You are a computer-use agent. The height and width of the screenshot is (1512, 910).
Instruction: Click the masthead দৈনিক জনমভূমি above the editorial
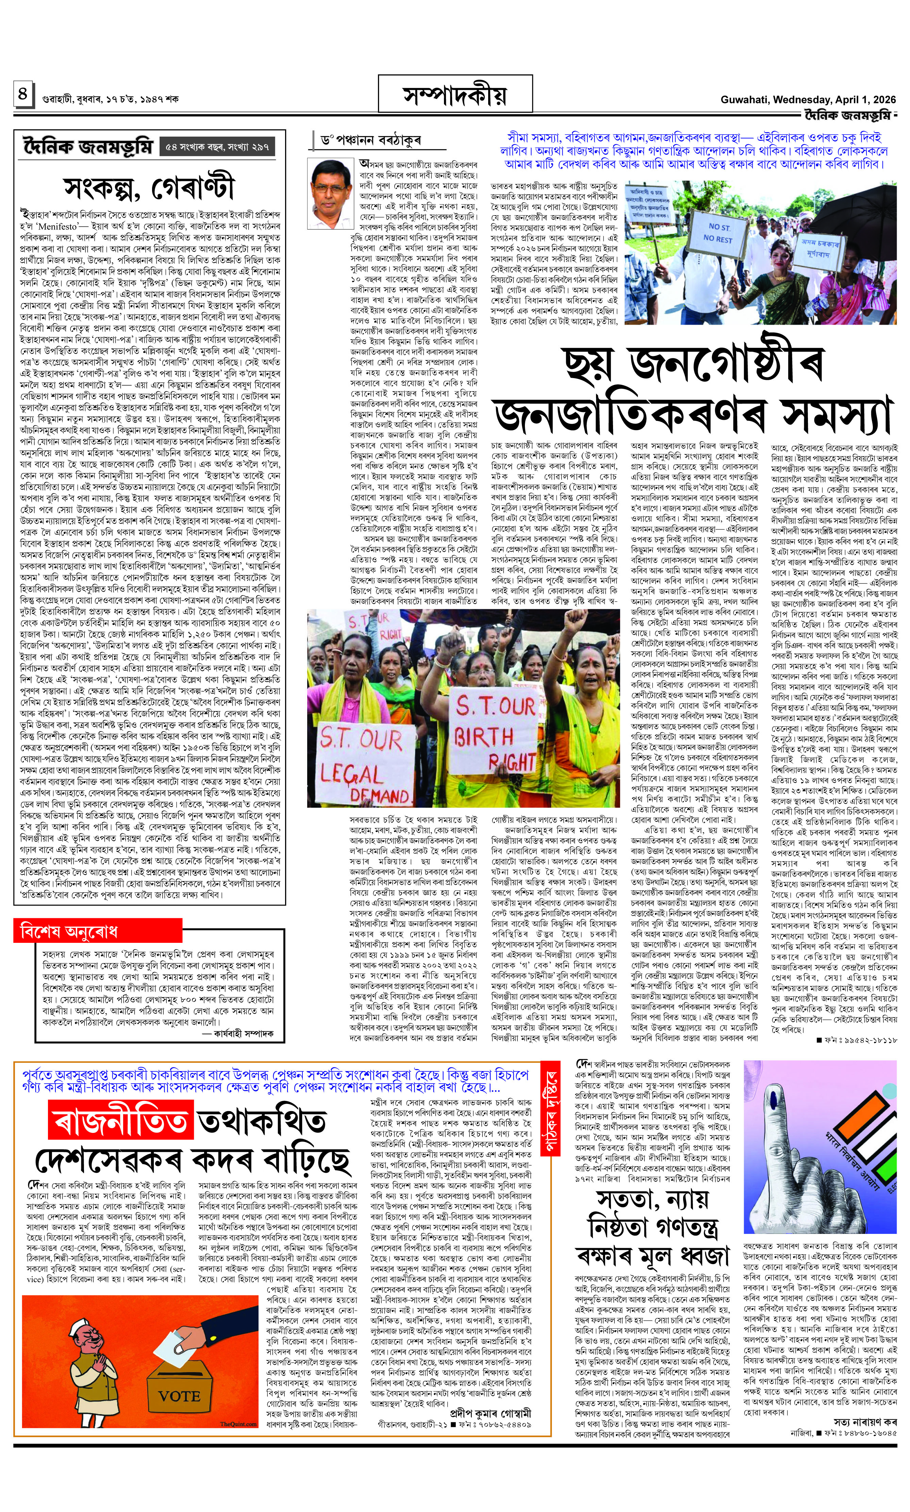click(x=87, y=147)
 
